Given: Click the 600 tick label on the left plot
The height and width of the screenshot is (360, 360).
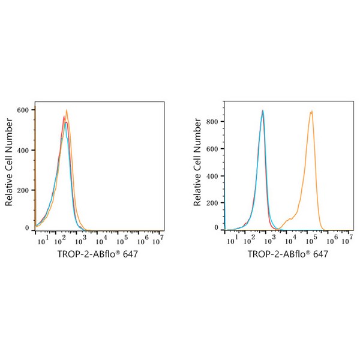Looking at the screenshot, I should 23,110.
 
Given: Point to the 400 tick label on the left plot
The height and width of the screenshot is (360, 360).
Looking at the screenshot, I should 23,151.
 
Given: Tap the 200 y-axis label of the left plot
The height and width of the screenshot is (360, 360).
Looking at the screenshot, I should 23,190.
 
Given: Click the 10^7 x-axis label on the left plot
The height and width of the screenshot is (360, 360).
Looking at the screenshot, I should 158,241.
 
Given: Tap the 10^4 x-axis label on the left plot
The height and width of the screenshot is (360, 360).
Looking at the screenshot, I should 101,241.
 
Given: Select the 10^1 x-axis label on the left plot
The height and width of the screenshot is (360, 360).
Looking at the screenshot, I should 41,241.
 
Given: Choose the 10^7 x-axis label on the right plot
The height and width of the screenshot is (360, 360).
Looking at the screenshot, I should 348,241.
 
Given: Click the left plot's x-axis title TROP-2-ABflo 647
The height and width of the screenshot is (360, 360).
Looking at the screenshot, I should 99,254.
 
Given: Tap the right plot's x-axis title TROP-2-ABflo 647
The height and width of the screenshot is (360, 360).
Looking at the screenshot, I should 288,254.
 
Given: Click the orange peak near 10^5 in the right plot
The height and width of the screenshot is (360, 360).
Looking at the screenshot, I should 311,112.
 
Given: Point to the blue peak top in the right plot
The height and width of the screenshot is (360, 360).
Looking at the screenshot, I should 263,110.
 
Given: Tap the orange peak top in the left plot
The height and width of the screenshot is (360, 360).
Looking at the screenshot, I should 67,110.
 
